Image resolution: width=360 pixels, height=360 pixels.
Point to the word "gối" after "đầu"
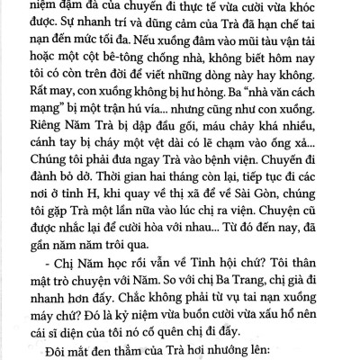[x=177, y=130]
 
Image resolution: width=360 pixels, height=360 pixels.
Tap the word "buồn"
[x=239, y=300]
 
